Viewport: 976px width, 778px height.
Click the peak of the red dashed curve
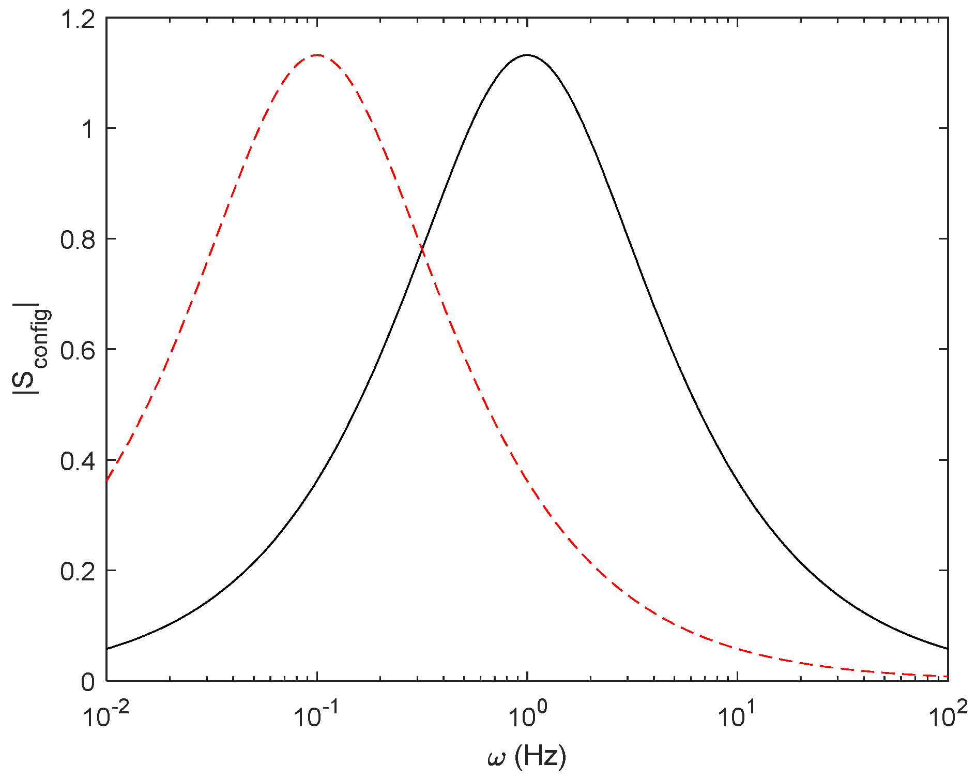click(317, 55)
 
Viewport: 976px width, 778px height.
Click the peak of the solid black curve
click(527, 55)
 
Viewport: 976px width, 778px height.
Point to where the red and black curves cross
click(422, 250)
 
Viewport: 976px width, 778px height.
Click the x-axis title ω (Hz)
click(527, 757)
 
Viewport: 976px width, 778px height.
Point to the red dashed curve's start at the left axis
click(107, 481)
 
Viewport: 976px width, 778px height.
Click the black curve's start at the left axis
click(107, 649)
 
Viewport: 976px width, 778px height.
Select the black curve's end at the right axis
click(948, 649)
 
